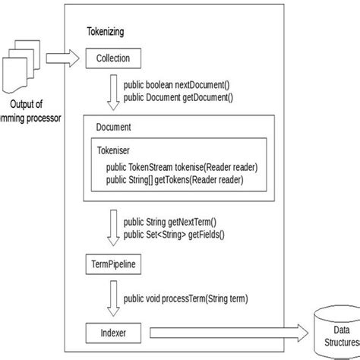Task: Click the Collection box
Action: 113,58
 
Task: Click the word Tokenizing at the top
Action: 106,33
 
